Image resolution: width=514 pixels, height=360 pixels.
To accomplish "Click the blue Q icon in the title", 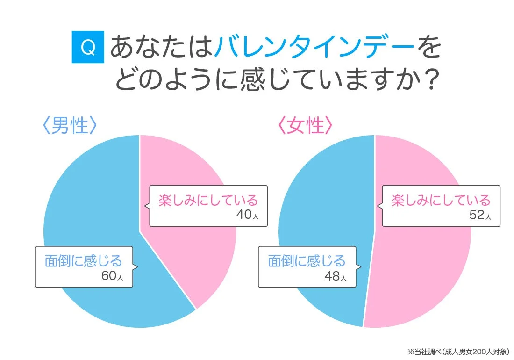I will click(x=88, y=47).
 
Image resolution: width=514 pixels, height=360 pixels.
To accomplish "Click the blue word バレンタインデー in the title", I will click(x=314, y=47).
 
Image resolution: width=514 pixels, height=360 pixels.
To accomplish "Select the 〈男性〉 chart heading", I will click(x=70, y=125).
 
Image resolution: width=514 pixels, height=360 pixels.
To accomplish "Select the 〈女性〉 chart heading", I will click(x=305, y=125).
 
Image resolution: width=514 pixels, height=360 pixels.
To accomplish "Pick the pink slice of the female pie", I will click(x=421, y=271).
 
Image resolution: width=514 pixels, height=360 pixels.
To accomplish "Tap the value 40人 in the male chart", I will click(x=245, y=215).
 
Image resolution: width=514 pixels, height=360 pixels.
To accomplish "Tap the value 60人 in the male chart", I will click(x=112, y=276).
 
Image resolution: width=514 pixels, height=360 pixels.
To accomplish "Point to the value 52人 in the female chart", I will click(x=479, y=215).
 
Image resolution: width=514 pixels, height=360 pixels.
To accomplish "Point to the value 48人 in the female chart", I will click(x=335, y=276).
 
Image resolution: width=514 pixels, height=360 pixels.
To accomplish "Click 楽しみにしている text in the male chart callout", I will click(x=208, y=200).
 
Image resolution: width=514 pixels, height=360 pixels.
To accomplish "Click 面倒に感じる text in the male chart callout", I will click(x=83, y=260).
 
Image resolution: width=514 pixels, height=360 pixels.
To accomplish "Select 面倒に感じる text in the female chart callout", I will click(x=307, y=260).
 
